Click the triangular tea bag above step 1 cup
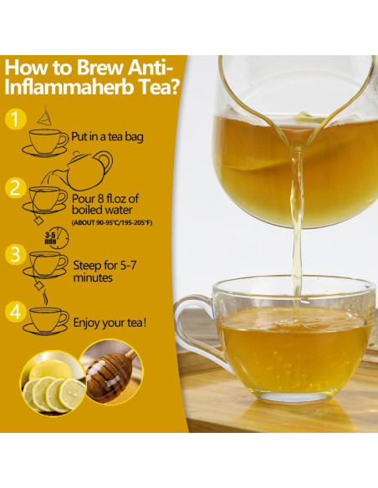tap(43, 116)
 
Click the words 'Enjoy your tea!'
tap(110, 322)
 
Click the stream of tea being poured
tap(295, 217)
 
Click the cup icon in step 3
tap(47, 262)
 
